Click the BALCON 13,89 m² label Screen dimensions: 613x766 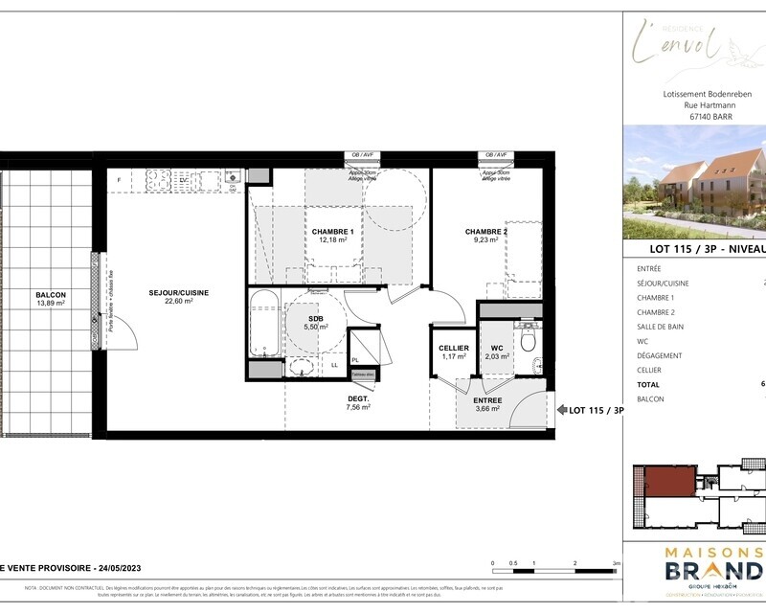50,299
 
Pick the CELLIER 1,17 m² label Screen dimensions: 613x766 453,352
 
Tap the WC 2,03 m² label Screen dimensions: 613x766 497,352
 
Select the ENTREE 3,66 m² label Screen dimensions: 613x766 487,405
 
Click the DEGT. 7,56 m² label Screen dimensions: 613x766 358,401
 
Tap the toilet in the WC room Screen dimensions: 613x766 528,337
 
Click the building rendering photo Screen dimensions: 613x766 694,182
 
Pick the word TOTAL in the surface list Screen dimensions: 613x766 648,384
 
